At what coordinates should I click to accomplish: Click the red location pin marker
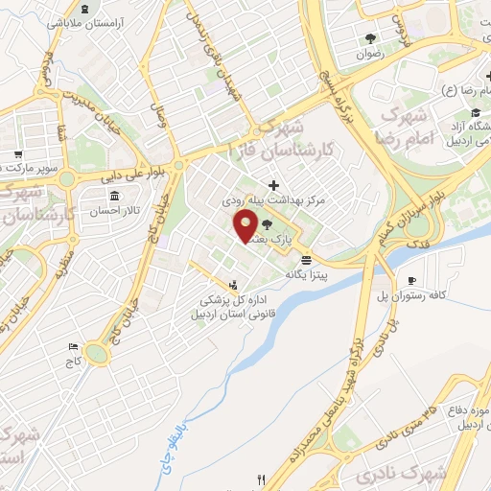click(x=246, y=226)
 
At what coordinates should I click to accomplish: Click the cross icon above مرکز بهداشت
click(x=274, y=184)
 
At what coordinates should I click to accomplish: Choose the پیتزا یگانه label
click(x=306, y=275)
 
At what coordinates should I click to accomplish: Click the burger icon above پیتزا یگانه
click(x=306, y=260)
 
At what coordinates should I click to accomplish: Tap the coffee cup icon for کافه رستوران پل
click(x=412, y=280)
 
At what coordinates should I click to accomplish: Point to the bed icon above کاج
click(x=72, y=346)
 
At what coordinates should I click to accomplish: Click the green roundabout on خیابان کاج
click(x=97, y=354)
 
